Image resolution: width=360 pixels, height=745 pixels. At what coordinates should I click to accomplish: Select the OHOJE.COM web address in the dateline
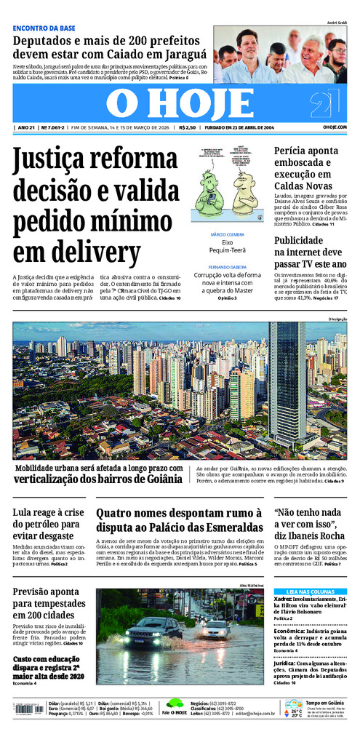[x=334, y=127]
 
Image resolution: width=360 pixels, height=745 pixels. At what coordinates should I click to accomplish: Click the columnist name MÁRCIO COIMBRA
[x=227, y=234]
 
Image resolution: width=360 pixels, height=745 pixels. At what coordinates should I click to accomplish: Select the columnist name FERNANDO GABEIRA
[x=227, y=267]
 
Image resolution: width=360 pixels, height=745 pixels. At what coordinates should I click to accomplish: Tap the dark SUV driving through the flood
[x=153, y=630]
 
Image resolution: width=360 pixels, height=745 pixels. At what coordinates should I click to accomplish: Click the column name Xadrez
[x=284, y=599]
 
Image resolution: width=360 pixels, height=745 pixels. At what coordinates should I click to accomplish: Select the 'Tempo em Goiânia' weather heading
[x=323, y=703]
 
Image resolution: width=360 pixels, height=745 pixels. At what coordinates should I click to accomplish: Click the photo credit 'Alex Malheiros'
[x=249, y=585]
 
